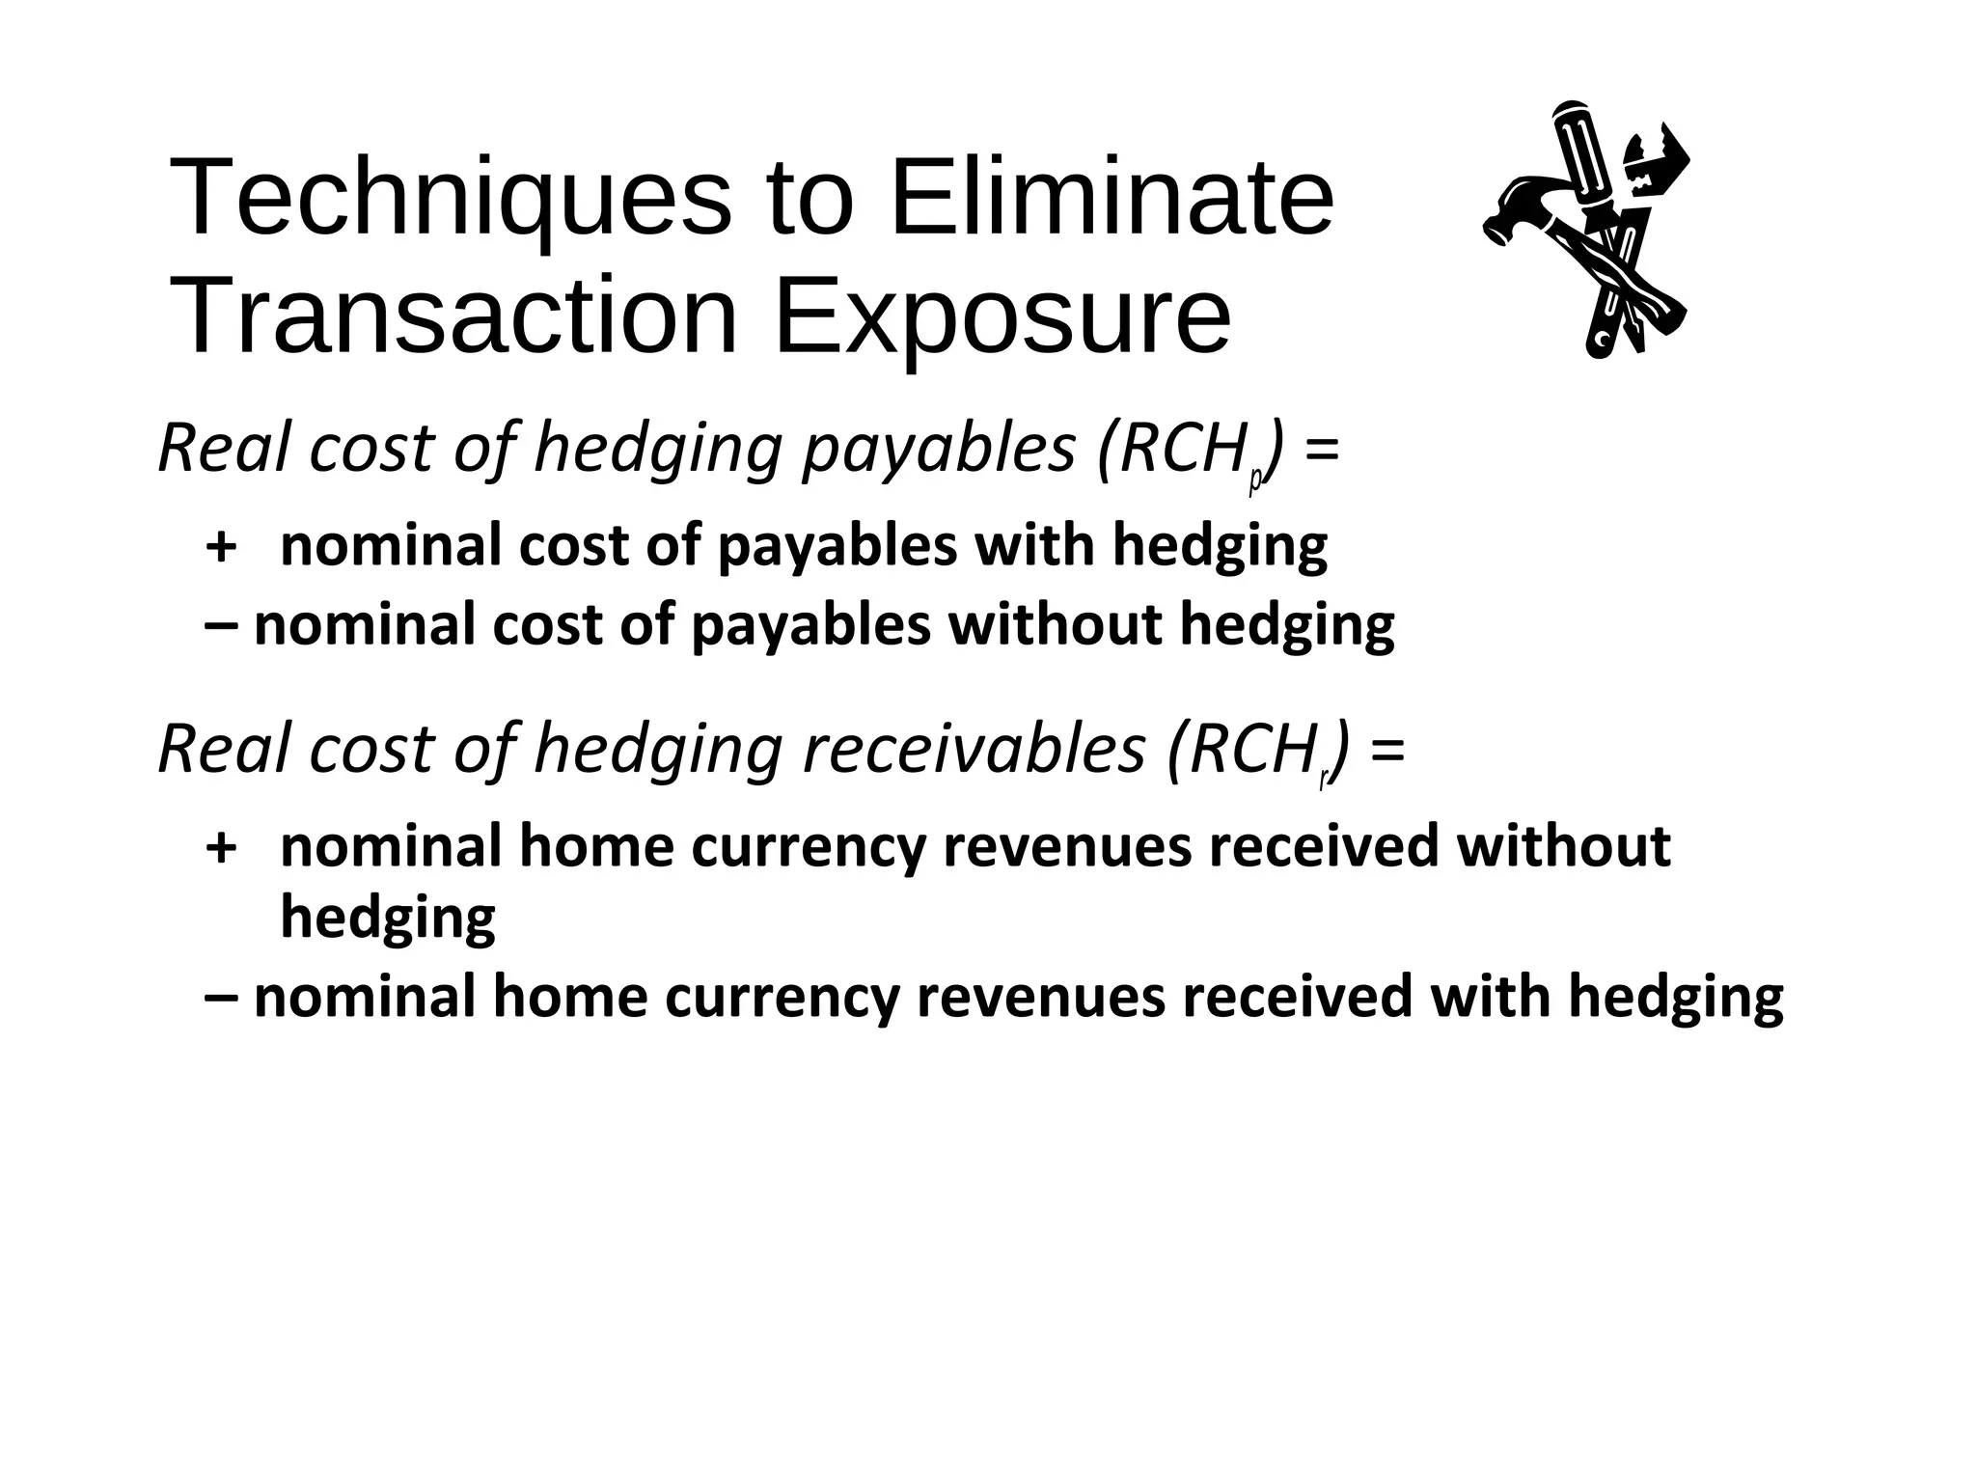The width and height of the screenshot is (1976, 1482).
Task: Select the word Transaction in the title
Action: [453, 316]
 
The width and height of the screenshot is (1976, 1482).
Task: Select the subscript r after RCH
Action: [1323, 779]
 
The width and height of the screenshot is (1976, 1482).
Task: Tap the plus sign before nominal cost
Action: [222, 547]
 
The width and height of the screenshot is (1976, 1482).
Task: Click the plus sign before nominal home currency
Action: [222, 847]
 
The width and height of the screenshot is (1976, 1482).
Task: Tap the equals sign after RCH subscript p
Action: [1320, 450]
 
